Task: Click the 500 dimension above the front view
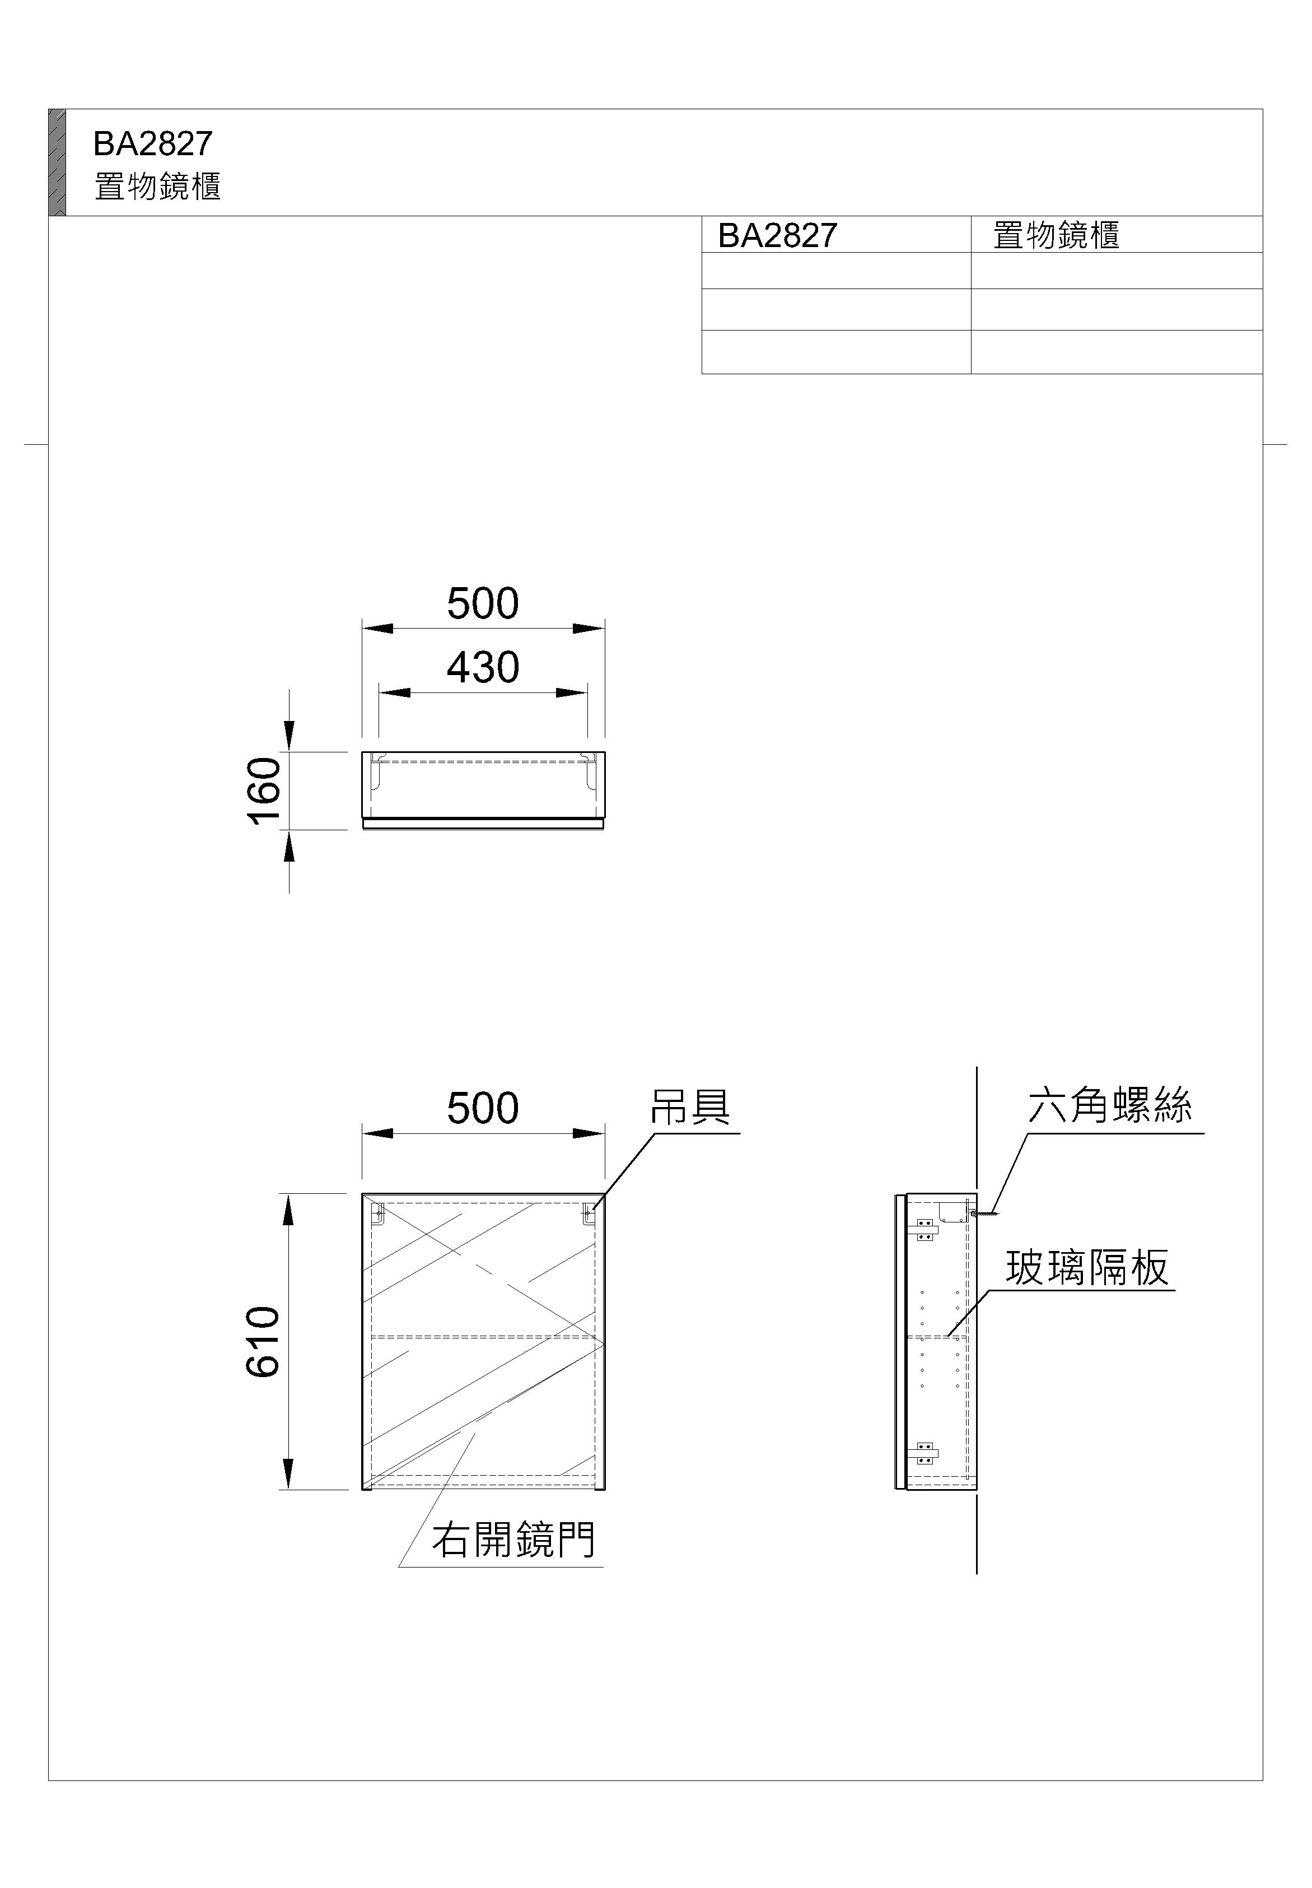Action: point(483,1109)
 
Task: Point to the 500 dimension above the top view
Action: point(483,603)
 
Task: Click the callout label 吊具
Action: point(690,1107)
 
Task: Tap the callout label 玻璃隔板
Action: point(1087,1267)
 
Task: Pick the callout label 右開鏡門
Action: point(514,1540)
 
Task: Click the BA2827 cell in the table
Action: point(778,235)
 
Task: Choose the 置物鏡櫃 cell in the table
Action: point(1056,235)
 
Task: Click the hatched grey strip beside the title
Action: point(57,162)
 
